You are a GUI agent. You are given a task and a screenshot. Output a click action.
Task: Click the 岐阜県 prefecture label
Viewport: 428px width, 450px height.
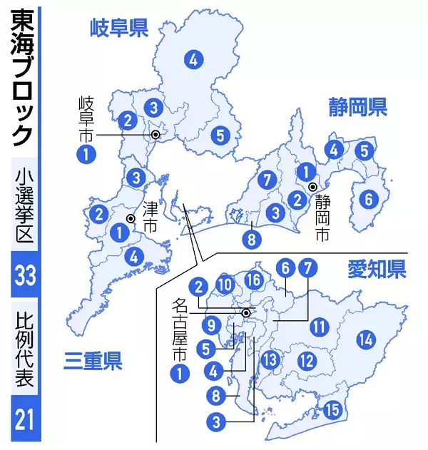(x=118, y=29)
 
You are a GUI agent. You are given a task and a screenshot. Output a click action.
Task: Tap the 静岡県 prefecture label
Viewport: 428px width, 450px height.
(x=357, y=108)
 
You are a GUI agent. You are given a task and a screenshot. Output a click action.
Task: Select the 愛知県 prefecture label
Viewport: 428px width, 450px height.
(x=377, y=269)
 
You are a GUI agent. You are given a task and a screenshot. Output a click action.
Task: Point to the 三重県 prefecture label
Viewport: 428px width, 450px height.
(x=92, y=361)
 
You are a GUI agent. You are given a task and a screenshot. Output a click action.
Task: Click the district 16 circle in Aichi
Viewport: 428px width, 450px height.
(x=253, y=280)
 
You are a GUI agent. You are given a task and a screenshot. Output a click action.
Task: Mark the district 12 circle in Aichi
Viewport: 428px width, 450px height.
(x=307, y=361)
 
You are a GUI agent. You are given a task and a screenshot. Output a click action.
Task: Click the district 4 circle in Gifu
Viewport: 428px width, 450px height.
(x=193, y=60)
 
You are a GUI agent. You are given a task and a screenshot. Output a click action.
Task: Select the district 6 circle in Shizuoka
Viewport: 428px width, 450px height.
(x=369, y=200)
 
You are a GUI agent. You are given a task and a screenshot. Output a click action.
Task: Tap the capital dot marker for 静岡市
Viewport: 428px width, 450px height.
(x=312, y=188)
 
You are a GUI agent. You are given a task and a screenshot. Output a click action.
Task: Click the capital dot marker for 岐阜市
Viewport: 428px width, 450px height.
(x=155, y=134)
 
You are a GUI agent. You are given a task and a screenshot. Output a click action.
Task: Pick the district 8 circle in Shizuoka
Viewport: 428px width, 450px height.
(x=252, y=240)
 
